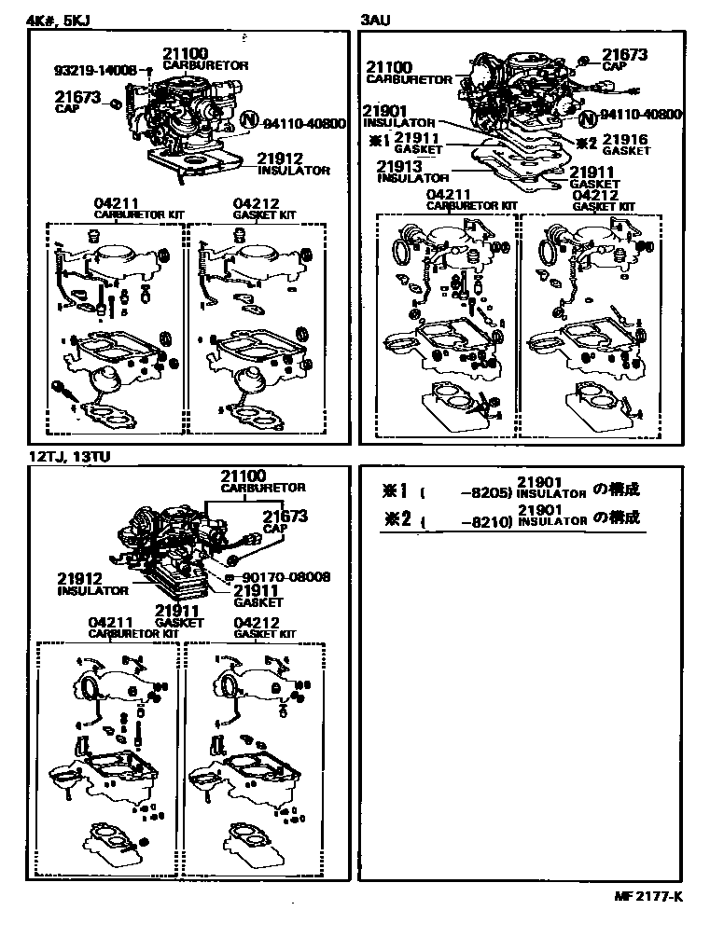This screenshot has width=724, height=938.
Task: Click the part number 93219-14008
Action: click(x=95, y=70)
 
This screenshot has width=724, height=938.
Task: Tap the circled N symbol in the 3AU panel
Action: click(x=588, y=118)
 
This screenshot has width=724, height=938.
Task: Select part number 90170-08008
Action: click(x=281, y=577)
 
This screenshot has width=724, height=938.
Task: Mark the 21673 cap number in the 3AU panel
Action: click(x=624, y=55)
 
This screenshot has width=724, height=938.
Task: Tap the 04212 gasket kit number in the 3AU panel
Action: click(x=597, y=195)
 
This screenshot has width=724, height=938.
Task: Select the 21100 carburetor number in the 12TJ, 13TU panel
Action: click(x=244, y=476)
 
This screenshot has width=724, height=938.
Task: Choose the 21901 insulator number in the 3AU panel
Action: click(x=386, y=111)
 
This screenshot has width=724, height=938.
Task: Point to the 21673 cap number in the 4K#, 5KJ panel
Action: click(x=77, y=96)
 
